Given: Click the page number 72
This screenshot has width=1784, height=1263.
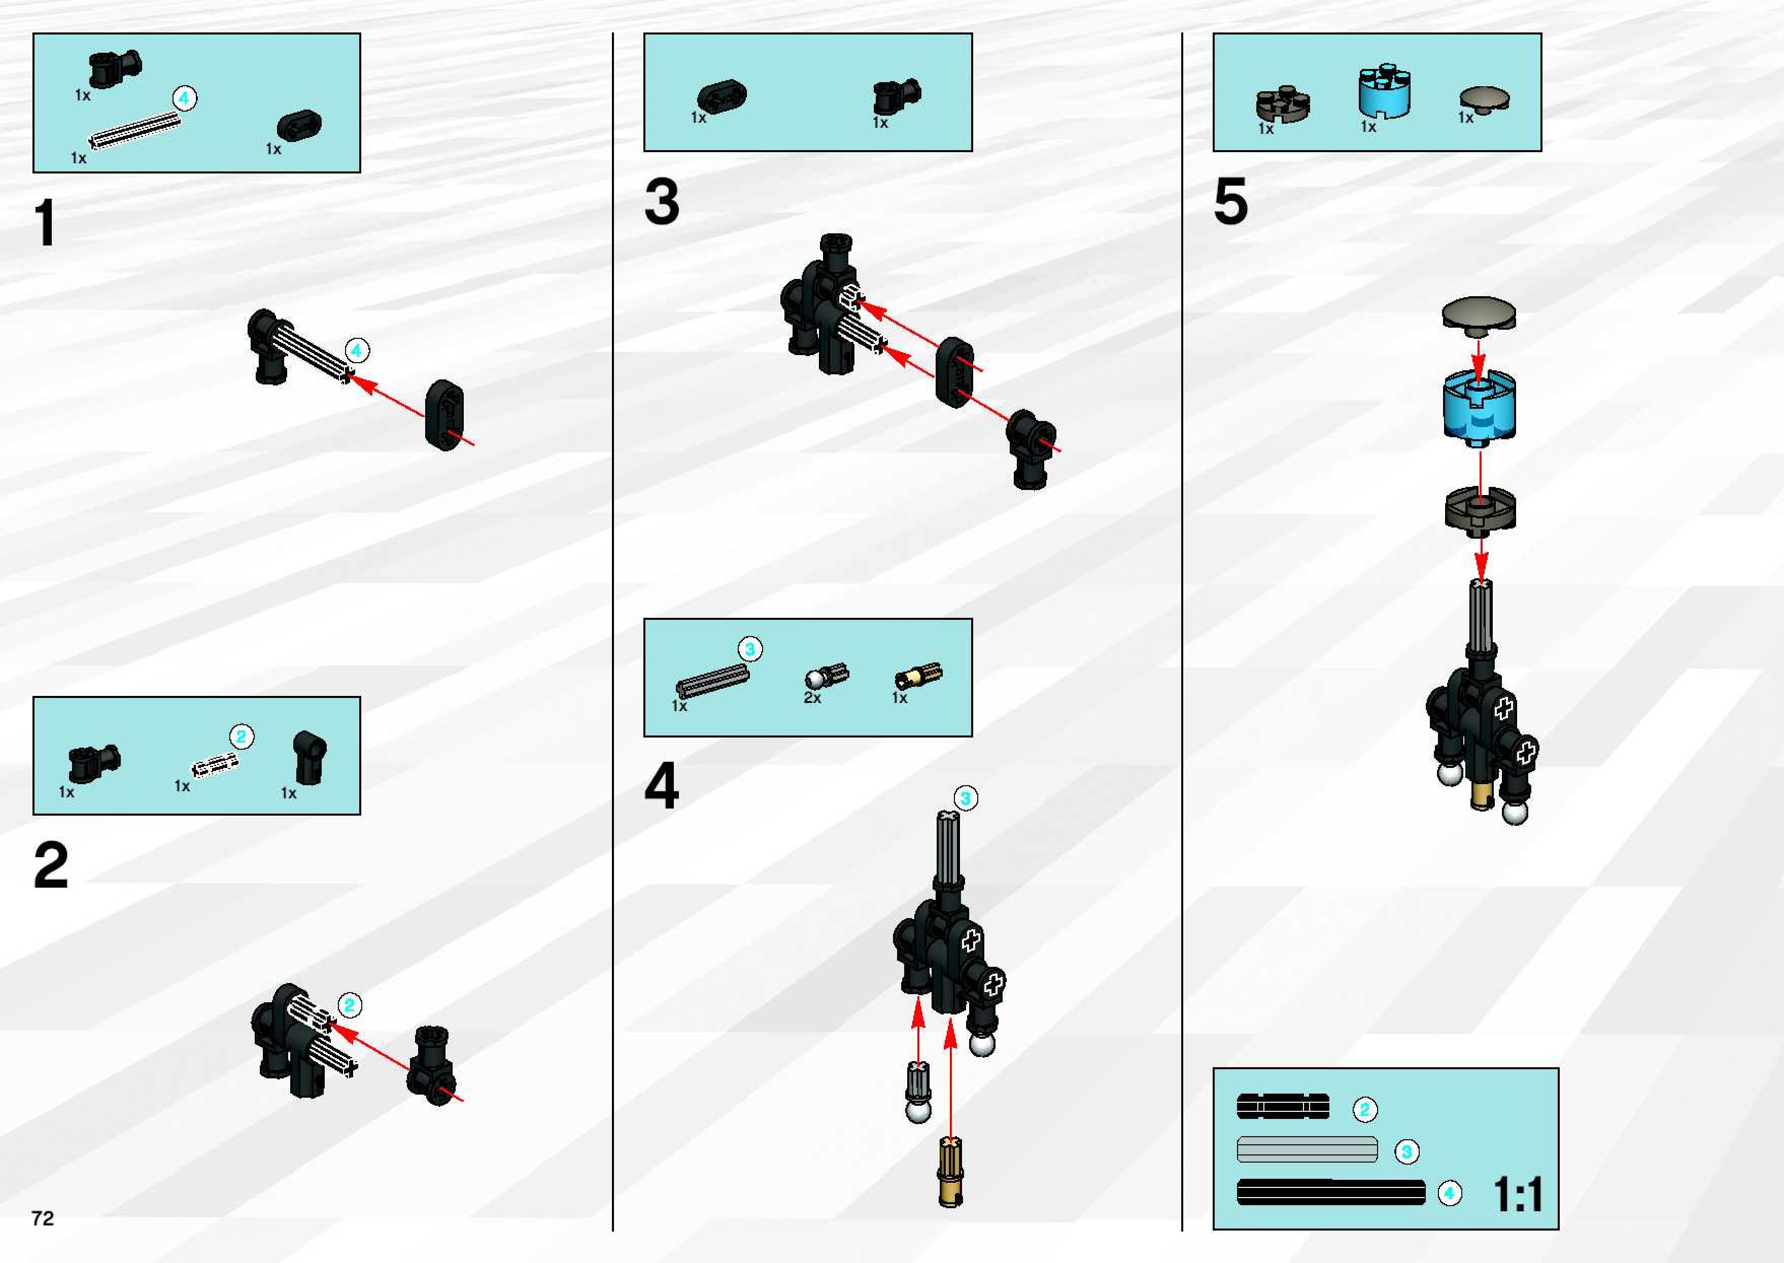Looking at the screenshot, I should point(43,1217).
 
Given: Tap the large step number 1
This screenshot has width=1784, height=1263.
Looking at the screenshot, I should point(46,223).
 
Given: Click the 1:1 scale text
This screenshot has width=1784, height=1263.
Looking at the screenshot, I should point(1517,1194).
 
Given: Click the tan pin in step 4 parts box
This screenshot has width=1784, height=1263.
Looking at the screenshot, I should point(918,675).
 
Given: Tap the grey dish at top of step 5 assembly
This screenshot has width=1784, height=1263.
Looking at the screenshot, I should point(1478,314).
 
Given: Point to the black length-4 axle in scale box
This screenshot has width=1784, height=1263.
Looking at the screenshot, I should point(1330,1192).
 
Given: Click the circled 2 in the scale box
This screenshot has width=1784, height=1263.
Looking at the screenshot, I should point(1365,1109).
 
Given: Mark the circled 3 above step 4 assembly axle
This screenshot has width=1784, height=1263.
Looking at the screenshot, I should point(966,798).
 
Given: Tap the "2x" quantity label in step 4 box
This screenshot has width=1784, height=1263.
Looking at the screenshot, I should point(812,697).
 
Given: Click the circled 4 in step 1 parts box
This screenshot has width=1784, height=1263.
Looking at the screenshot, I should point(184,98).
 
